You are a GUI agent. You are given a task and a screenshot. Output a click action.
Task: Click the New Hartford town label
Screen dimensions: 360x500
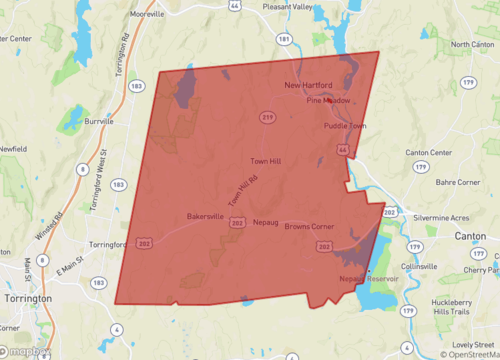307,85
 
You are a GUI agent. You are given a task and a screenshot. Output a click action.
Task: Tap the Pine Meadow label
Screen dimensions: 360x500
328,101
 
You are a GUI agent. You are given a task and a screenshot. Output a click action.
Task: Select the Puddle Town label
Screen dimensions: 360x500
345,127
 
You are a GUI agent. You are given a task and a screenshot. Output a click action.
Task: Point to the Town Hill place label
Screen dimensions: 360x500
265,160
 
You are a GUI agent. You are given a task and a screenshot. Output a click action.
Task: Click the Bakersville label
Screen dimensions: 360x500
205,216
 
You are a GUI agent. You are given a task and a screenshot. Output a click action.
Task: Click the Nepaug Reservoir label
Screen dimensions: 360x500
368,278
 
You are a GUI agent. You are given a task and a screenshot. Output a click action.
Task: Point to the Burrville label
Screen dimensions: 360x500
102,121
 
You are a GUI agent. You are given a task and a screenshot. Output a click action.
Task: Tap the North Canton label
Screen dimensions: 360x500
472,45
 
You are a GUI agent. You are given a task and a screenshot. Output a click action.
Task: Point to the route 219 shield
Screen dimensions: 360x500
268,117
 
